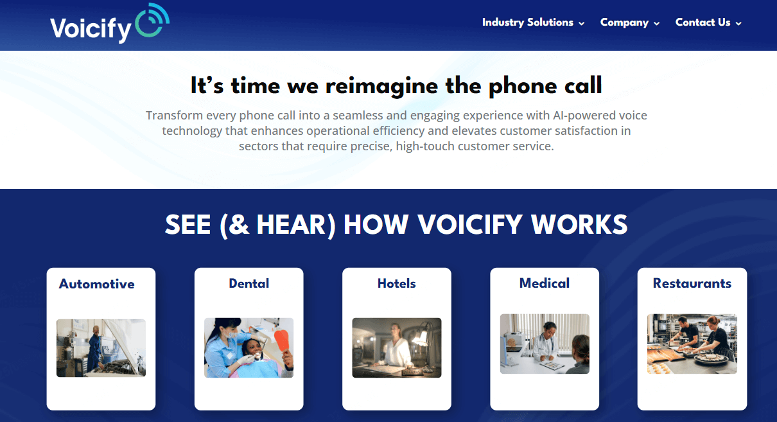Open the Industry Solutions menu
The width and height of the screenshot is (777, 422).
[x=527, y=22]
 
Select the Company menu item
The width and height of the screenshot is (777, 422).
[x=624, y=22]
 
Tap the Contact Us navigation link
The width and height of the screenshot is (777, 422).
[x=703, y=22]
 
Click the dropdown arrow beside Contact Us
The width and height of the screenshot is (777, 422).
[x=738, y=24]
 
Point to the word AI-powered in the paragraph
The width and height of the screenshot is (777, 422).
[x=582, y=116]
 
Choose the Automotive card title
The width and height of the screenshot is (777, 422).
[x=97, y=284]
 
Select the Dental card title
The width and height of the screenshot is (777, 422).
[x=249, y=283]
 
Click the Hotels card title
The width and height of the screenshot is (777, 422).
[x=396, y=283]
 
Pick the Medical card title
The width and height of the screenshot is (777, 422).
[x=544, y=283]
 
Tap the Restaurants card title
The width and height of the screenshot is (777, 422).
[x=692, y=283]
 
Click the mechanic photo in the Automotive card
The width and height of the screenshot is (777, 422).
[x=101, y=347]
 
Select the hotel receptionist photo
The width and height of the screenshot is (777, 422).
[x=396, y=347]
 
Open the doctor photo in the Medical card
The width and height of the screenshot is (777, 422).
[x=544, y=344]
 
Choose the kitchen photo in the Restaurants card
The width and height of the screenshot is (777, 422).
[x=692, y=344]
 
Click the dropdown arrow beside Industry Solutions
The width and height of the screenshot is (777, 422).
[x=582, y=24]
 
